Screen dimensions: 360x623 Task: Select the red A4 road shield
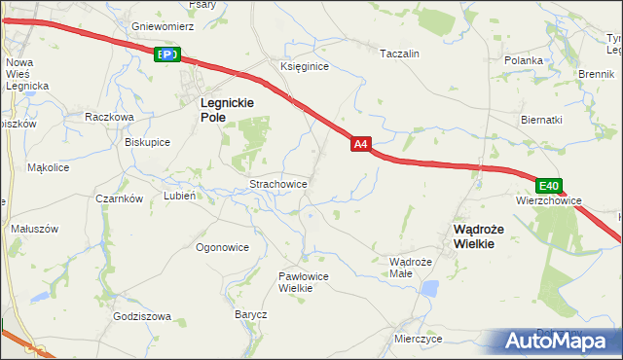pyautogui.click(x=360, y=144)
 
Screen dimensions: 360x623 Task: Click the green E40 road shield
pyautogui.click(x=549, y=186)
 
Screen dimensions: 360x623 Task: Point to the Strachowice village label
pyautogui.click(x=279, y=183)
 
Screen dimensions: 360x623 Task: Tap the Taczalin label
pyautogui.click(x=399, y=54)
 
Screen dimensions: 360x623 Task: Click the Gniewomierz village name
pyautogui.click(x=163, y=26)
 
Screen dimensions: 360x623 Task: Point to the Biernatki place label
pyautogui.click(x=541, y=120)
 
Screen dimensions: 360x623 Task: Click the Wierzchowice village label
pyautogui.click(x=549, y=200)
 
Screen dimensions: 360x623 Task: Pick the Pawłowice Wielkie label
pyautogui.click(x=303, y=281)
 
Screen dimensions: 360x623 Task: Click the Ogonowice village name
pyautogui.click(x=222, y=247)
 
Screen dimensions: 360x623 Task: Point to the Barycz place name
pyautogui.click(x=250, y=314)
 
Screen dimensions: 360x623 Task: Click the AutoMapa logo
pyautogui.click(x=556, y=341)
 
